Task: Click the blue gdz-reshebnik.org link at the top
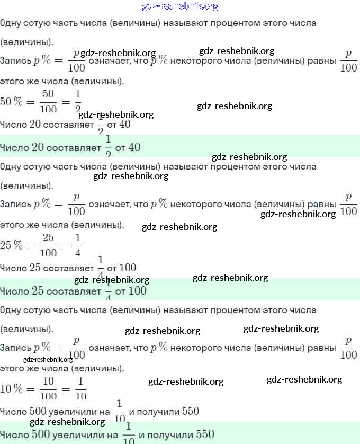(180, 6)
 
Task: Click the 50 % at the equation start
(12, 102)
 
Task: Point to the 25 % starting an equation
(12, 245)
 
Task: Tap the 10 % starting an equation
(12, 388)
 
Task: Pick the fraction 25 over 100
(48, 245)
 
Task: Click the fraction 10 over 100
(48, 388)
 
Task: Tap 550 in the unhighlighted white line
(190, 411)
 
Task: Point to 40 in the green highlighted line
(134, 147)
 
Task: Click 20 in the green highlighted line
(38, 147)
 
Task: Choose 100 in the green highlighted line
(137, 291)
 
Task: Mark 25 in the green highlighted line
(38, 291)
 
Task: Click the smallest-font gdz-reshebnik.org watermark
(48, 359)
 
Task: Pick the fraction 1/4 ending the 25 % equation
(78, 245)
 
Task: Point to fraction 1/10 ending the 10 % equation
(80, 388)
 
